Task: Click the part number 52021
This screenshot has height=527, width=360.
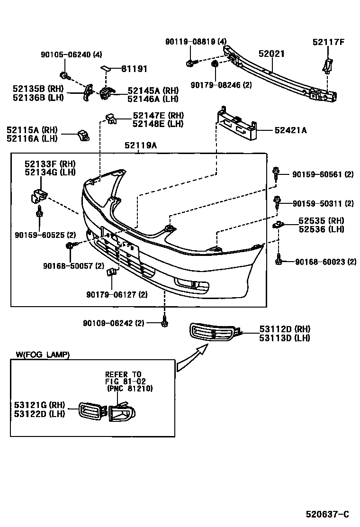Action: (271, 54)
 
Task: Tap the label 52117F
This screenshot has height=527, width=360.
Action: (328, 42)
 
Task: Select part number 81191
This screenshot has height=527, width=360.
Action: (134, 69)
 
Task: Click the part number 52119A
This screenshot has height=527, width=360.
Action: (140, 146)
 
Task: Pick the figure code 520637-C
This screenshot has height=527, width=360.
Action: (327, 514)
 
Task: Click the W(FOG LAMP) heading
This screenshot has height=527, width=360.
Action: (42, 354)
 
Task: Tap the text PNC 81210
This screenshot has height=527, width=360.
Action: (129, 389)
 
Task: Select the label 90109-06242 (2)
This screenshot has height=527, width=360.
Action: (113, 323)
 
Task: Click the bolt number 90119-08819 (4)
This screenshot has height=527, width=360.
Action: (196, 42)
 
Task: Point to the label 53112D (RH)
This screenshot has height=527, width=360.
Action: (284, 329)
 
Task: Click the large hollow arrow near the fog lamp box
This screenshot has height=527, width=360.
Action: (192, 358)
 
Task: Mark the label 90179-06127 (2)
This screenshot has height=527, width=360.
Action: (117, 294)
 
